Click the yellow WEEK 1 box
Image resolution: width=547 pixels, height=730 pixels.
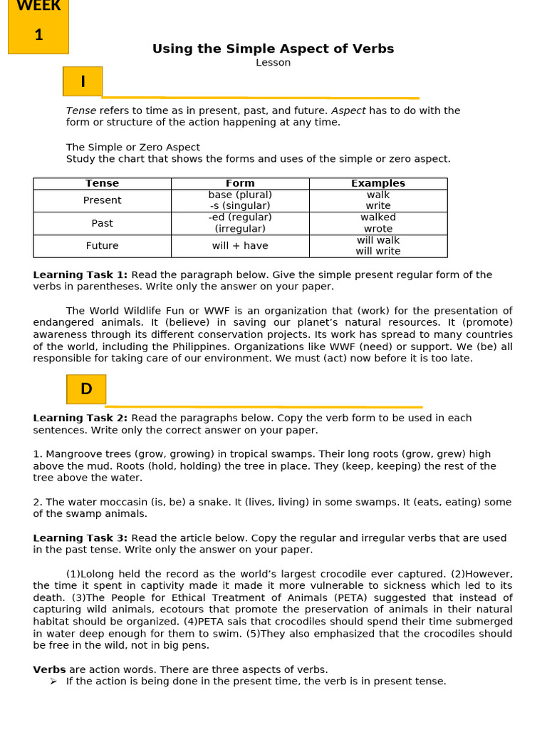(x=38, y=26)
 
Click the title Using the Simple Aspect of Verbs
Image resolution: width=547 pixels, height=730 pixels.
(x=273, y=48)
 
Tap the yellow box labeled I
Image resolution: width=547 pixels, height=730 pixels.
(x=83, y=81)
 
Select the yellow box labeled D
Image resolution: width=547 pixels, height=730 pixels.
(x=86, y=389)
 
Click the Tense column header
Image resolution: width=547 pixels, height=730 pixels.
(x=102, y=183)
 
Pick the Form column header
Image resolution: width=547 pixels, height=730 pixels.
(x=240, y=183)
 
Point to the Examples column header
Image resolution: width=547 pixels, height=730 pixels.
(x=377, y=183)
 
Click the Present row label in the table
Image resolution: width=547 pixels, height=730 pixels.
(x=102, y=200)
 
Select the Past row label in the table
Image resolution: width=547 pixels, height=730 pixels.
(x=102, y=223)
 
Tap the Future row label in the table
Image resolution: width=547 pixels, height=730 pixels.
(x=102, y=246)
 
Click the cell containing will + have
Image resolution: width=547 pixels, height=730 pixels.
(x=240, y=246)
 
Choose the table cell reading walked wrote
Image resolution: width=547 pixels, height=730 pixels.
(x=377, y=223)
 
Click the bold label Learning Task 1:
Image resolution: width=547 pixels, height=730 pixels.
(x=80, y=275)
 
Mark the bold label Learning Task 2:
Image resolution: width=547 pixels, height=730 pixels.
(x=80, y=418)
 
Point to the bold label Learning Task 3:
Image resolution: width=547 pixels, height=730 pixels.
(x=80, y=538)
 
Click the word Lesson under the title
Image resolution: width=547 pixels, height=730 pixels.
(x=273, y=63)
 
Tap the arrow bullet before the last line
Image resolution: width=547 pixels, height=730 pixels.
(x=53, y=682)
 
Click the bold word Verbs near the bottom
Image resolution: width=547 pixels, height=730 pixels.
(x=49, y=669)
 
